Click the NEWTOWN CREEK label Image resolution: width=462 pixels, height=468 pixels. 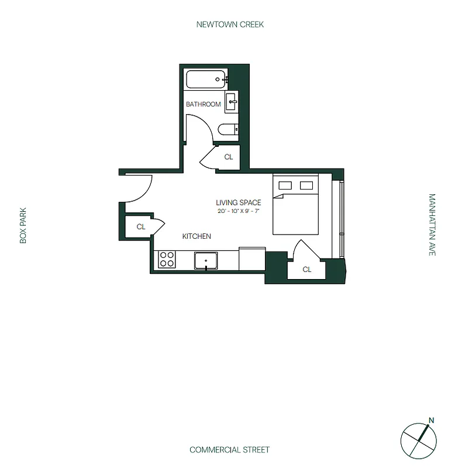[230, 25]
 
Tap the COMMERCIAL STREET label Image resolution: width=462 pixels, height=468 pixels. [230, 450]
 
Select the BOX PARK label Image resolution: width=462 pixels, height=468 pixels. [24, 227]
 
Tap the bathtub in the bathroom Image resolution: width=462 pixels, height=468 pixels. [205, 80]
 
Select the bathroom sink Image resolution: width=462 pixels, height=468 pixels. [232, 102]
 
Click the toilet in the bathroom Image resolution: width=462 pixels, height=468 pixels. [226, 130]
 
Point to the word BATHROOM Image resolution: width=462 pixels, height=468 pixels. [203, 105]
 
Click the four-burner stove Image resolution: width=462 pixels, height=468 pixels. [166, 259]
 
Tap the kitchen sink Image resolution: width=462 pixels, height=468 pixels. [206, 260]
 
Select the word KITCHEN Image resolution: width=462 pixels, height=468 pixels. [196, 236]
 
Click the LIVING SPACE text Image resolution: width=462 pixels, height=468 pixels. [238, 202]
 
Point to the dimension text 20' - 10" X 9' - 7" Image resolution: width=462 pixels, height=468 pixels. [238, 211]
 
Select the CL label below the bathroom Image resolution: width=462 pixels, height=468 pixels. [229, 157]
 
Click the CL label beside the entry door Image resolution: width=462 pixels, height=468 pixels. [141, 227]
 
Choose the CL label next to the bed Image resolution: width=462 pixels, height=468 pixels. [306, 270]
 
